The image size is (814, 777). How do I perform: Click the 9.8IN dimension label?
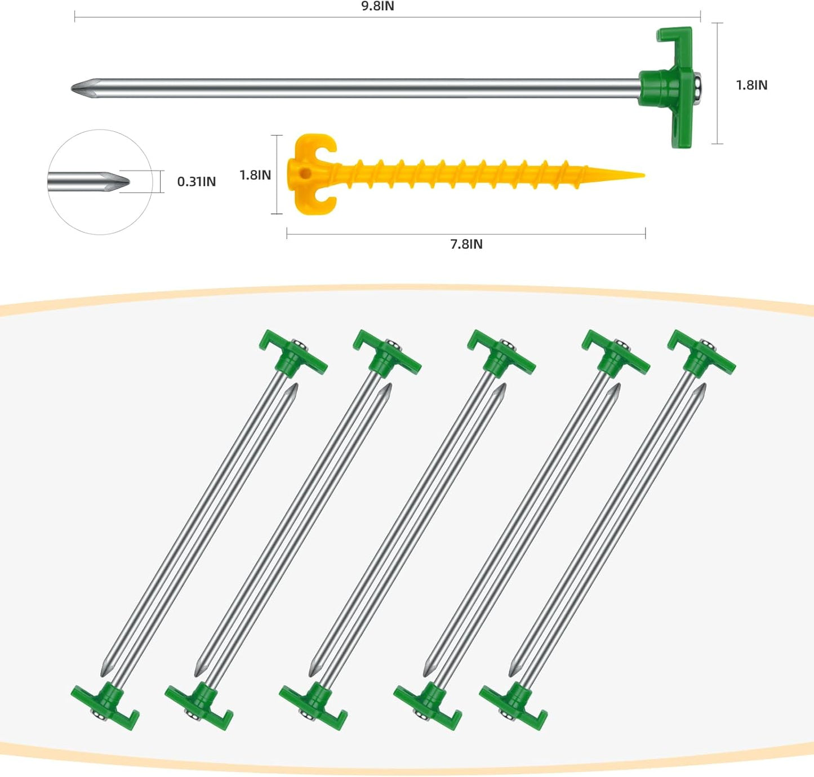point(377,6)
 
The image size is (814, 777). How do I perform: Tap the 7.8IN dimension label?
point(466,244)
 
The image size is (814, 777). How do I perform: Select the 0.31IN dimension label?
point(196,181)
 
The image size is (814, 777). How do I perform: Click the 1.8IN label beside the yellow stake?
point(255,175)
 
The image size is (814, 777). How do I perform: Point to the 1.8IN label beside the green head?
point(751,85)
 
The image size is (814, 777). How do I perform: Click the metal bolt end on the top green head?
point(699,87)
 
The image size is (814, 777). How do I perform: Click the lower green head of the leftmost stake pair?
point(106,705)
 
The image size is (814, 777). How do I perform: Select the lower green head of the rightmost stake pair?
point(514,705)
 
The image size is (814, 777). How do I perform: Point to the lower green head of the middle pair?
point(314,705)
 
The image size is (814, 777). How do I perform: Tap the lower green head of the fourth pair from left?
point(428,705)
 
